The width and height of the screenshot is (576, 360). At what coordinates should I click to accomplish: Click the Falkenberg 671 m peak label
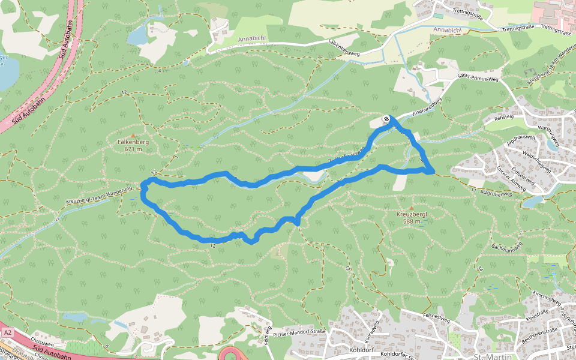click(x=133, y=145)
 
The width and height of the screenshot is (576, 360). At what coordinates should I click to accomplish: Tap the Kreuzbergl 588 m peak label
click(x=411, y=217)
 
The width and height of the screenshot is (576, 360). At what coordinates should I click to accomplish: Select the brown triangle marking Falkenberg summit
click(x=133, y=136)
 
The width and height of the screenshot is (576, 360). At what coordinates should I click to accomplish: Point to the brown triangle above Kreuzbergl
click(x=411, y=208)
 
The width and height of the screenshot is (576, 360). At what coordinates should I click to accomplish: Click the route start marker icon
click(x=387, y=119)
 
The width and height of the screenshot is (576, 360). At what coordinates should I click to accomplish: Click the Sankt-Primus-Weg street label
click(x=478, y=78)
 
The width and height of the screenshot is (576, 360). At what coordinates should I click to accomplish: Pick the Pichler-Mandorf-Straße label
click(x=301, y=332)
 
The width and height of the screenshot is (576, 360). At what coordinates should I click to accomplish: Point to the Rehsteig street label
click(x=504, y=118)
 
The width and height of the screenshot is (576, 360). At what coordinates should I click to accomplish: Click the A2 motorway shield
click(x=7, y=332)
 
